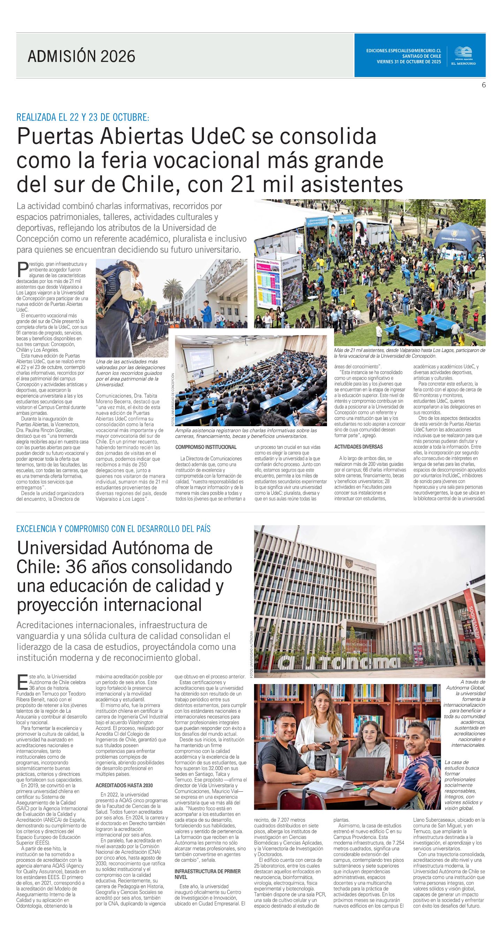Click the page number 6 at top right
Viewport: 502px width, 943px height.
(x=483, y=85)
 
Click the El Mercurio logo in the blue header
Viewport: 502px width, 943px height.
(x=465, y=56)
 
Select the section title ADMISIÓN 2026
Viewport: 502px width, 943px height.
(x=81, y=56)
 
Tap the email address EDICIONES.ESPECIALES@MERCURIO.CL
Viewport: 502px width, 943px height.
(x=403, y=51)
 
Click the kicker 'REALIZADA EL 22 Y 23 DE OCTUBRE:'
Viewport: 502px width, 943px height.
(x=83, y=117)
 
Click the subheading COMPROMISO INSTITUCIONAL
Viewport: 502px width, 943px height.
(x=206, y=447)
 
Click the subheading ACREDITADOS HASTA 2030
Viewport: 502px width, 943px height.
(x=124, y=785)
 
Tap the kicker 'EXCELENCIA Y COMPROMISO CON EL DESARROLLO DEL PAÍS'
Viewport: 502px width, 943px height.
(x=114, y=529)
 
